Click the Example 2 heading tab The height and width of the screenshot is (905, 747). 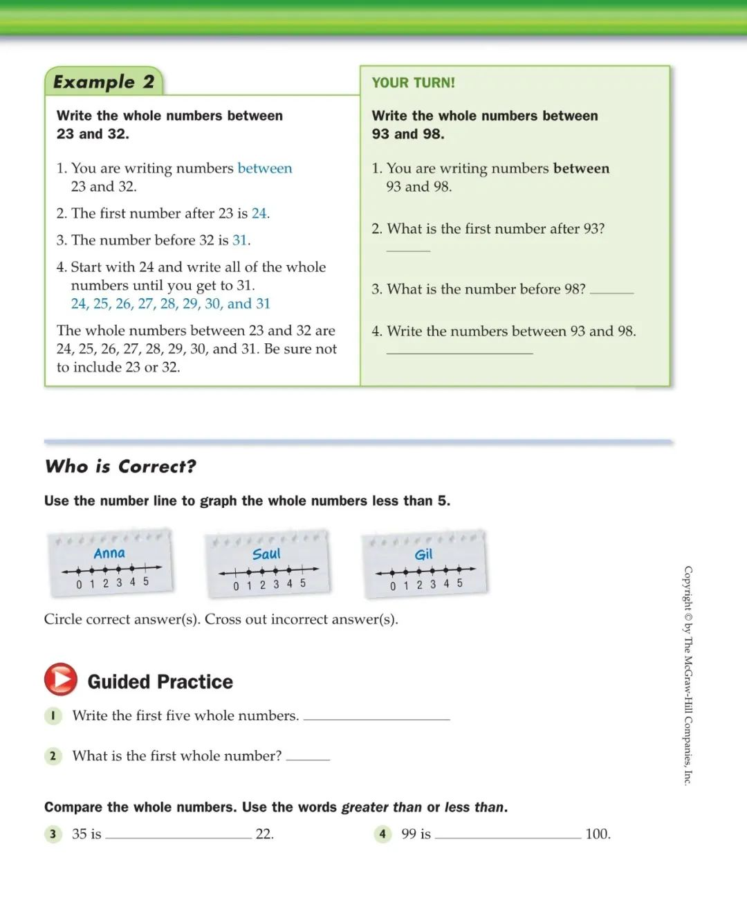point(104,82)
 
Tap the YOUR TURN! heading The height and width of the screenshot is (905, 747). point(414,83)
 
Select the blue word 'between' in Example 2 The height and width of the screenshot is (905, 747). point(265,168)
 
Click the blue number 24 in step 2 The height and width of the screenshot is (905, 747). point(259,213)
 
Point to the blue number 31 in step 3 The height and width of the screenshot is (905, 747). point(240,240)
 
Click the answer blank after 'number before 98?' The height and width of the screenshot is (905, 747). point(611,290)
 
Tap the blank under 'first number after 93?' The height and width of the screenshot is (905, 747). point(408,248)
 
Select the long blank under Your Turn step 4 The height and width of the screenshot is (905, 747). point(459,351)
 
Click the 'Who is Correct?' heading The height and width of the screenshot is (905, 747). point(120,466)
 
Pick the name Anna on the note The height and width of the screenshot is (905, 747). point(109,553)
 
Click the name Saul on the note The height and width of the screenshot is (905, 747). point(266,554)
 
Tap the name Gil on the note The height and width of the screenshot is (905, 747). point(423,555)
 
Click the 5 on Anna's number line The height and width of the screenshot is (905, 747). point(146,582)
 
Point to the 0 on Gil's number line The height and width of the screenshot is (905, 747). point(393,585)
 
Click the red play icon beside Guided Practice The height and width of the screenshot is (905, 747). point(61,679)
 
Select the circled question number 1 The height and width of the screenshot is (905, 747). point(53,715)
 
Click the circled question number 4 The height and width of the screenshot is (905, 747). point(382,834)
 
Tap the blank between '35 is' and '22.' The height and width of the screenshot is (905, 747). point(178,834)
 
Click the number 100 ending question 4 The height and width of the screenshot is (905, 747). point(598,834)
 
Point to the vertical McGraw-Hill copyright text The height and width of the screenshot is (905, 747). point(688,675)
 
